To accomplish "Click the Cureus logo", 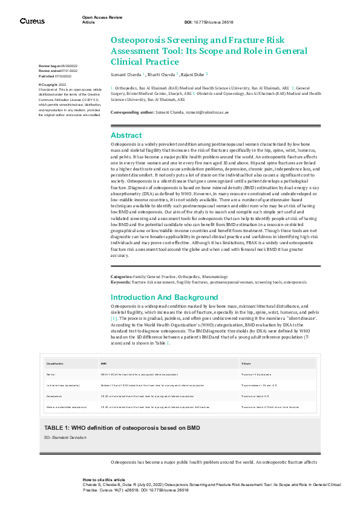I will pyautogui.click(x=32, y=21).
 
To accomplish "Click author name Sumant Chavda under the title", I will pyautogui.click(x=126, y=74).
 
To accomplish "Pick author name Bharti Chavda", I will pyautogui.click(x=160, y=74).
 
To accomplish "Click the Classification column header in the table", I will pyautogui.click(x=56, y=363).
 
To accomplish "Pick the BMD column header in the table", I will pyautogui.click(x=103, y=363).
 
